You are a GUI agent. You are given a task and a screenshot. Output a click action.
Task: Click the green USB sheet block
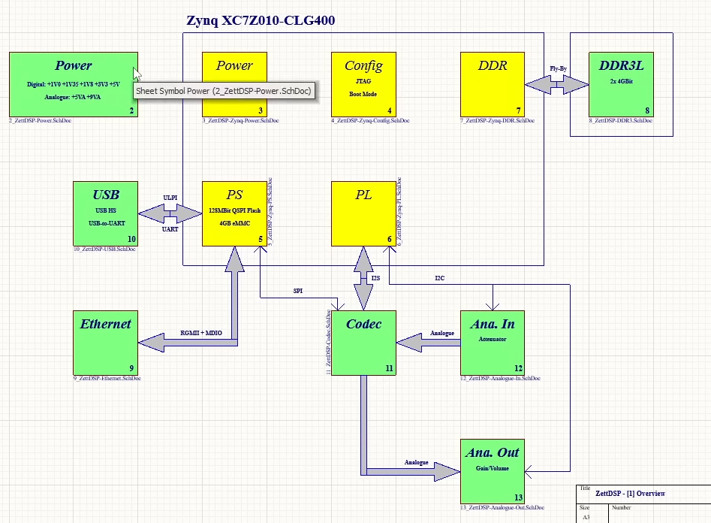105,213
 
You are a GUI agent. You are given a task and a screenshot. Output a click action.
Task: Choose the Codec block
363,343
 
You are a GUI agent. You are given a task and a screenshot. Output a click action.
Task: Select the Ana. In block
493,343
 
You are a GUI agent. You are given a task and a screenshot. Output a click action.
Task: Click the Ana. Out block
493,471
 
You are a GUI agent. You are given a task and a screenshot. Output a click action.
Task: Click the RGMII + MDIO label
201,332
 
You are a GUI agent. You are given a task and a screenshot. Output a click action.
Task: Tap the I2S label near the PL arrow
376,279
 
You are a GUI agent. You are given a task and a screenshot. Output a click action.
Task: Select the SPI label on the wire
298,291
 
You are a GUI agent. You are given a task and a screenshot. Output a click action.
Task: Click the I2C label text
439,279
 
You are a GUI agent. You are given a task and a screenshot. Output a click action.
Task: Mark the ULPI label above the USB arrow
170,198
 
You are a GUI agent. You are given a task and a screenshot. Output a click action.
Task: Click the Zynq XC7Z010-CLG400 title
261,20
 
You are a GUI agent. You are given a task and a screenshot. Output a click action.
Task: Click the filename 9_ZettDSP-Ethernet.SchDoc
107,378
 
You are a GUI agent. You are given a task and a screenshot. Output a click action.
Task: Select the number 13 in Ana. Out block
517,497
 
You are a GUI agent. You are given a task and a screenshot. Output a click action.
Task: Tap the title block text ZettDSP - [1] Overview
630,494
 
